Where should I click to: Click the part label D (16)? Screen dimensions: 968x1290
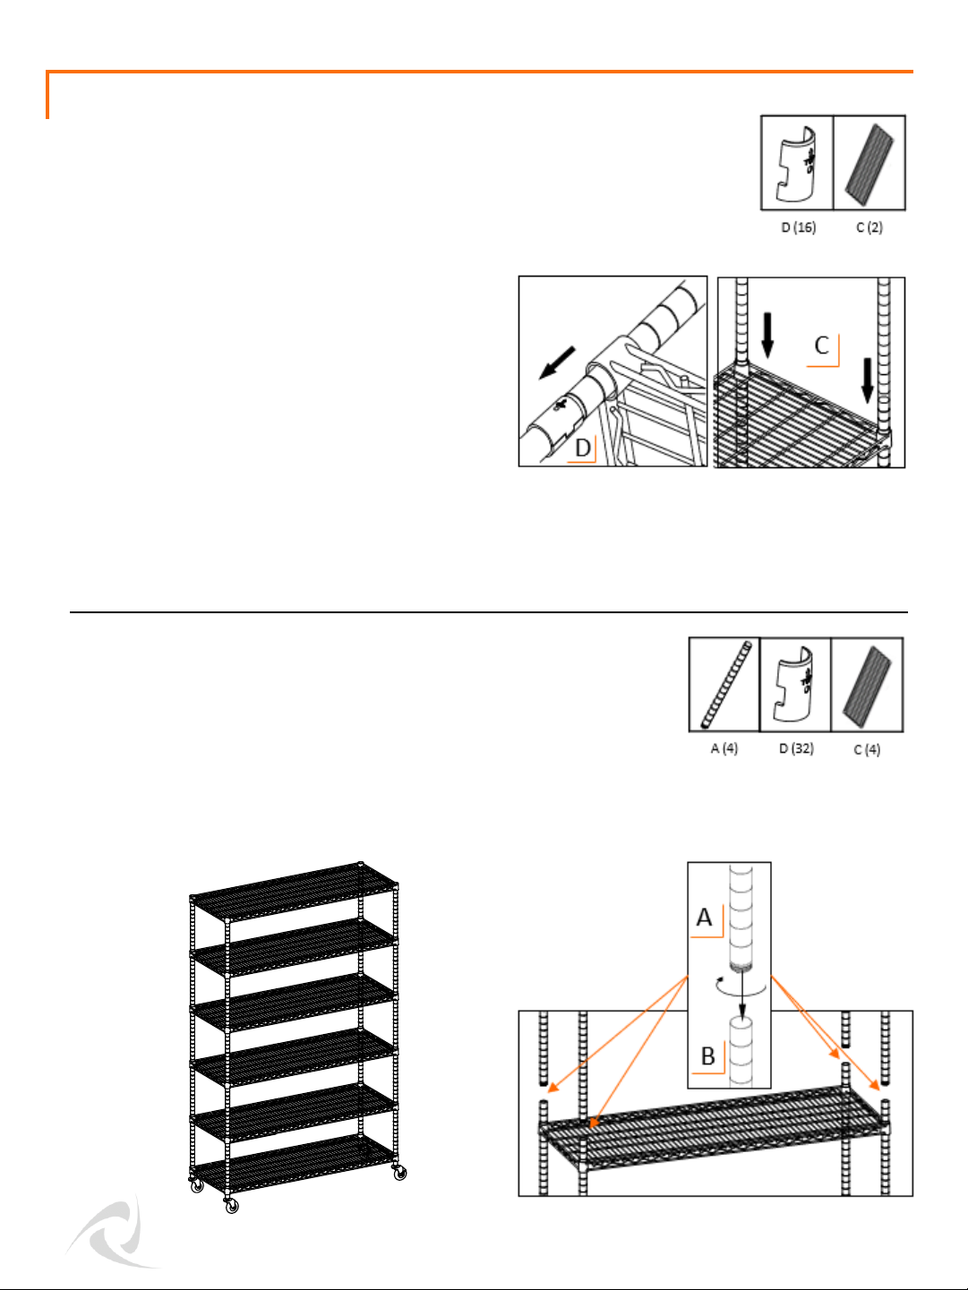click(798, 227)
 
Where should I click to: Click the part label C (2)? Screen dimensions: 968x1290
click(869, 227)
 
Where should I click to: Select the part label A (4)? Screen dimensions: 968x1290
click(724, 748)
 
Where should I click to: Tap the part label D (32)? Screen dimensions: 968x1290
click(796, 748)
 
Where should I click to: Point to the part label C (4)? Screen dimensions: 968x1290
click(867, 749)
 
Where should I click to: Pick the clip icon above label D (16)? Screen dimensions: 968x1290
click(796, 164)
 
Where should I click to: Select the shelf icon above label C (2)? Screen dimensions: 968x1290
click(869, 164)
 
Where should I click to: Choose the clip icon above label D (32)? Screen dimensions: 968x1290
click(794, 684)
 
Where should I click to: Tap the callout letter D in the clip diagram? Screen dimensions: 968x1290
click(582, 448)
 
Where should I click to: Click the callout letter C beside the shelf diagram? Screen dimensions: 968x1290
click(822, 345)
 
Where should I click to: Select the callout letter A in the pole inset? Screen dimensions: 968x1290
click(704, 917)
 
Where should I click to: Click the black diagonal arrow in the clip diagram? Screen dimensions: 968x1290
click(557, 363)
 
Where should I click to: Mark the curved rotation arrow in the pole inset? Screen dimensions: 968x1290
click(741, 987)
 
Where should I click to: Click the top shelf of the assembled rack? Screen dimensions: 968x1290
click(295, 891)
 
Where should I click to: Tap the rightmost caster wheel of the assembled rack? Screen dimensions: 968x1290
click(399, 1173)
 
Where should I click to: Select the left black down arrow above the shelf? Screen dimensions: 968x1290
click(767, 336)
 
